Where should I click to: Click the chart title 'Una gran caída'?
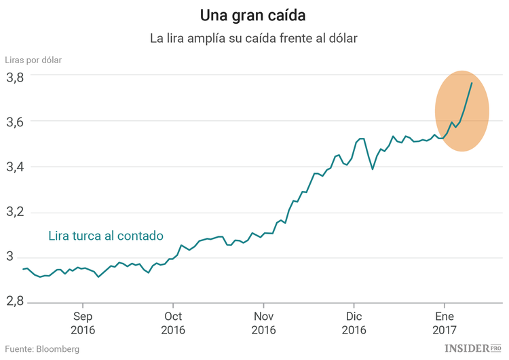[x=253, y=15]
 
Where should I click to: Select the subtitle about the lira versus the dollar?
[x=253, y=39]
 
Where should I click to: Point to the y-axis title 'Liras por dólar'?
[x=33, y=60]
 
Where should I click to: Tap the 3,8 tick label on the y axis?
[x=16, y=77]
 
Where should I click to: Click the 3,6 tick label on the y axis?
[x=16, y=122]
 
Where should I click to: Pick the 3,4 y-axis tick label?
[x=16, y=166]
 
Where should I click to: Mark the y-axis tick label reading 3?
[x=10, y=257]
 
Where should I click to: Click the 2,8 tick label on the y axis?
[x=16, y=302]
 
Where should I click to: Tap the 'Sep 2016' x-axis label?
[x=83, y=323]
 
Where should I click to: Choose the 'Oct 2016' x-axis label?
[x=173, y=323]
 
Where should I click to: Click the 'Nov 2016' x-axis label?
[x=263, y=323]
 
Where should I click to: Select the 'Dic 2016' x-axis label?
[x=354, y=323]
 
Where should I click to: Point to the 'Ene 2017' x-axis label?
[x=444, y=323]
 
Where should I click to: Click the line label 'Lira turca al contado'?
[x=106, y=236]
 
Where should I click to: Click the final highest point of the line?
[x=472, y=83]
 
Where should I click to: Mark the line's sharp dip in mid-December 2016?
[x=373, y=168]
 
